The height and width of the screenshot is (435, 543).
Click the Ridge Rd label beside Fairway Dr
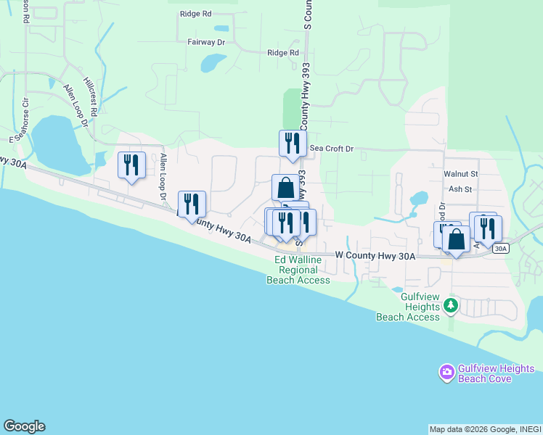coord(282,53)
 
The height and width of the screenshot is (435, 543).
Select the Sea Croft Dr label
coord(331,149)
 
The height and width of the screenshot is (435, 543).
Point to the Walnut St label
coord(460,174)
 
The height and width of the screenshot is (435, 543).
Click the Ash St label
coord(460,189)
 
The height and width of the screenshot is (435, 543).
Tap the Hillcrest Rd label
coord(91,96)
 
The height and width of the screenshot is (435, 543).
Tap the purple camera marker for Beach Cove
coord(446,373)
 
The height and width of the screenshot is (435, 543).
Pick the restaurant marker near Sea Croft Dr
coord(293,143)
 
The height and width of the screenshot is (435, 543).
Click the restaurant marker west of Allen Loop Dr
coord(131,165)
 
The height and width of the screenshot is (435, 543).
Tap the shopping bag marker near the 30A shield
coord(456,239)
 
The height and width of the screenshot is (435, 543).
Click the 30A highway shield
coord(500,248)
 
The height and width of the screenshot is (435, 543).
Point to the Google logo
coord(24,426)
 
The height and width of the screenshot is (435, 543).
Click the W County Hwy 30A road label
coord(375,256)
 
